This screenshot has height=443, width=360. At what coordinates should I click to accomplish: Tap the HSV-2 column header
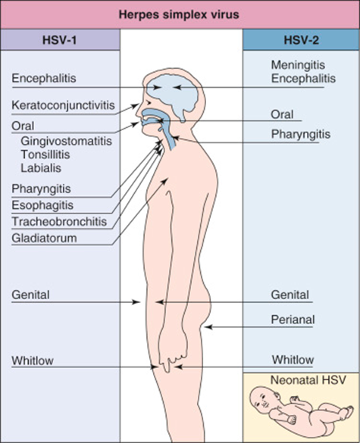(301, 40)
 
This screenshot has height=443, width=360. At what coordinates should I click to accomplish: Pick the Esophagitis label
(41, 204)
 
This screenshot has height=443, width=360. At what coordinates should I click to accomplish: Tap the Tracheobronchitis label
(58, 221)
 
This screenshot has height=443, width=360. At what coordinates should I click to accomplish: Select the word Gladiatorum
(45, 237)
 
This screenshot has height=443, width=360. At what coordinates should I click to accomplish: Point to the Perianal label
(293, 320)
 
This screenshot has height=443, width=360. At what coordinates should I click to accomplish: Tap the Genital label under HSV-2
(290, 294)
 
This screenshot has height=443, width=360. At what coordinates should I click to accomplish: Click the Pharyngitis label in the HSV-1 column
(41, 188)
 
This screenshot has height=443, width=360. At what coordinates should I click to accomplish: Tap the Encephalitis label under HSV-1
(45, 77)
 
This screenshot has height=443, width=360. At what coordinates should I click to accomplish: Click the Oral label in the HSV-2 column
(283, 114)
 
